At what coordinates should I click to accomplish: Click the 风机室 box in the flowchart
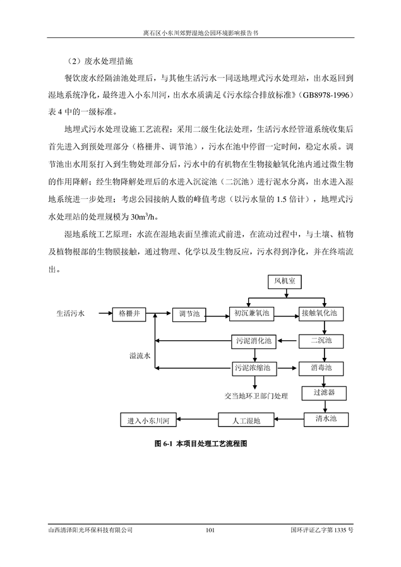(x=285, y=282)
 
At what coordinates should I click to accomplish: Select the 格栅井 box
(x=129, y=314)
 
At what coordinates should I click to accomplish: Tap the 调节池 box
(x=189, y=314)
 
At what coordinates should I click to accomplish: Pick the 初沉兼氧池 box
(x=252, y=314)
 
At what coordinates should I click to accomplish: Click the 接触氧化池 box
(x=321, y=314)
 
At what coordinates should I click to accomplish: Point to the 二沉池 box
(x=321, y=341)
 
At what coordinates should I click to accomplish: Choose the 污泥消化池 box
(x=254, y=342)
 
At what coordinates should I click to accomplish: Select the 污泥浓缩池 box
(x=254, y=369)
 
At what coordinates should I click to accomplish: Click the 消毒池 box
(x=321, y=369)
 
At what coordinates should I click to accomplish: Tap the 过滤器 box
(x=324, y=393)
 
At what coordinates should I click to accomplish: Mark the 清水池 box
(x=326, y=419)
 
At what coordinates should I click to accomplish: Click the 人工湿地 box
(x=246, y=420)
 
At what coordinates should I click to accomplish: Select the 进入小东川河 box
(x=148, y=420)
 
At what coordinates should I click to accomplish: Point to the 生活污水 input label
(x=70, y=314)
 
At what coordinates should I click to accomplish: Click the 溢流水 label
(x=140, y=356)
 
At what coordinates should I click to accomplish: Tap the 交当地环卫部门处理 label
(x=256, y=397)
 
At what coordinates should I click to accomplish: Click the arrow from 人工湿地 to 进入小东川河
(x=197, y=420)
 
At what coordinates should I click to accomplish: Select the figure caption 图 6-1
(x=201, y=443)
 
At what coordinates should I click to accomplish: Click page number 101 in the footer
(x=210, y=530)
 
